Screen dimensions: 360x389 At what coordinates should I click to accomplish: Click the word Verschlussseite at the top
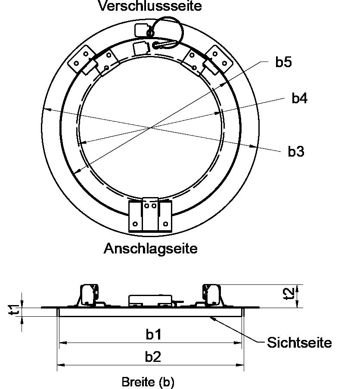click(x=150, y=6)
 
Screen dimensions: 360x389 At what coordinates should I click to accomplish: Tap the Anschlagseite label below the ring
click(x=150, y=248)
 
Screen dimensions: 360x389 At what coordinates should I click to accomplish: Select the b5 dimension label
click(x=283, y=62)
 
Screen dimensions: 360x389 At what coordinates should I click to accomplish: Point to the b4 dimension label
click(x=299, y=98)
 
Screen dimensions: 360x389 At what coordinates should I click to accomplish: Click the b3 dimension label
click(x=296, y=151)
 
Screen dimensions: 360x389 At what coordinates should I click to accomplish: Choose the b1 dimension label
click(x=153, y=334)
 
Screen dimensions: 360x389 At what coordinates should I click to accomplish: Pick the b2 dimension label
click(x=153, y=356)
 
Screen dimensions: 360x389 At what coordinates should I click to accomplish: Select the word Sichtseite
click(x=299, y=343)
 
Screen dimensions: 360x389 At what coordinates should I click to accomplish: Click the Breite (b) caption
click(x=148, y=382)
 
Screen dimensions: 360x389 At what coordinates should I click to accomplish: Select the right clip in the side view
click(x=212, y=295)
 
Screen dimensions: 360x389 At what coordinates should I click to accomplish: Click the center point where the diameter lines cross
click(x=151, y=128)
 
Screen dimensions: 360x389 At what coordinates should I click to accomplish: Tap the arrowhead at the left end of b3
click(x=46, y=109)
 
